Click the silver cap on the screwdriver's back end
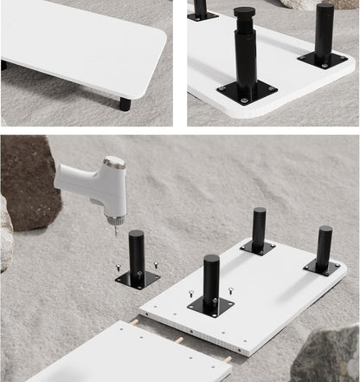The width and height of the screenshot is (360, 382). tap(114, 162)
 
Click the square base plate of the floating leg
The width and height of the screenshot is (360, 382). tap(138, 279)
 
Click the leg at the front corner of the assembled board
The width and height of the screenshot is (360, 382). tap(211, 282)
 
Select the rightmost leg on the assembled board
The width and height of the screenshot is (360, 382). tap(324, 249)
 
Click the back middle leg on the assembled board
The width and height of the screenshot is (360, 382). tap(259, 230)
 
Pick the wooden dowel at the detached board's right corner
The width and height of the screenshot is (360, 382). tap(228, 358)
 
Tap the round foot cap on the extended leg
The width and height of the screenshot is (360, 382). tap(246, 13)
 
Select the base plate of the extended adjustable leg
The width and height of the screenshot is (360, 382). tap(247, 90)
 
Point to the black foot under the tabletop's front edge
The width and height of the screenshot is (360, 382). tap(125, 104)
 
